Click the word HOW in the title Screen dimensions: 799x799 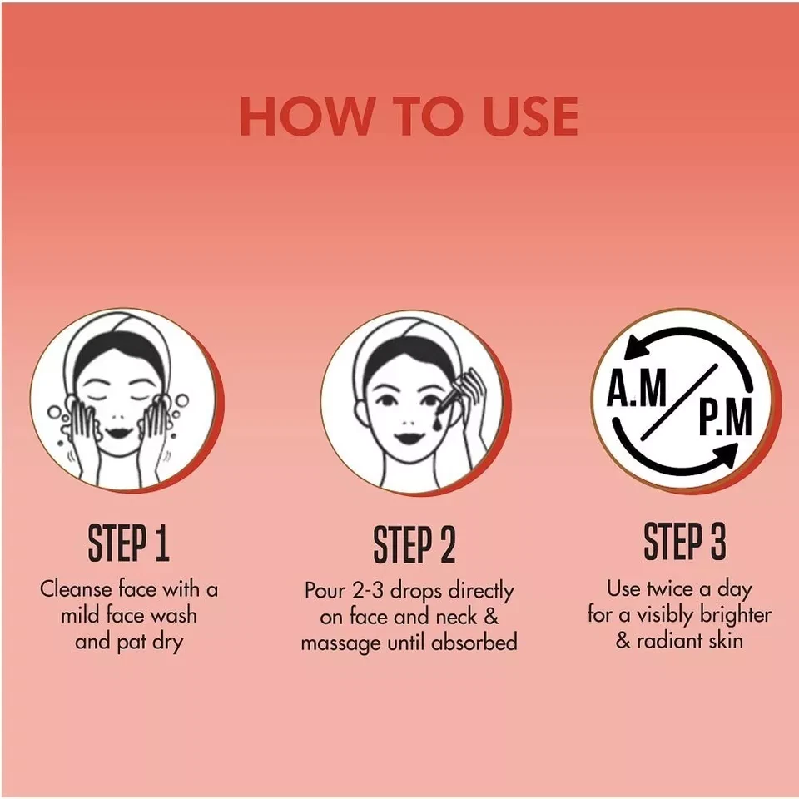point(305,117)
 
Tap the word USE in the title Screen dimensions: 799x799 point(530,117)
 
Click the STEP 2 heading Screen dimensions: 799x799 point(414,543)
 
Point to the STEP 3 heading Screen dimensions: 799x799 point(685,541)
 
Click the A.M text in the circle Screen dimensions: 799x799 point(637,389)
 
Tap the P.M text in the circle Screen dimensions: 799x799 point(725,417)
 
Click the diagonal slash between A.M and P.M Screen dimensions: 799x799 point(679,402)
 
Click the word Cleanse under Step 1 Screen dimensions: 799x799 point(77,589)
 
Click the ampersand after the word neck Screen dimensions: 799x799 point(491,617)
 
